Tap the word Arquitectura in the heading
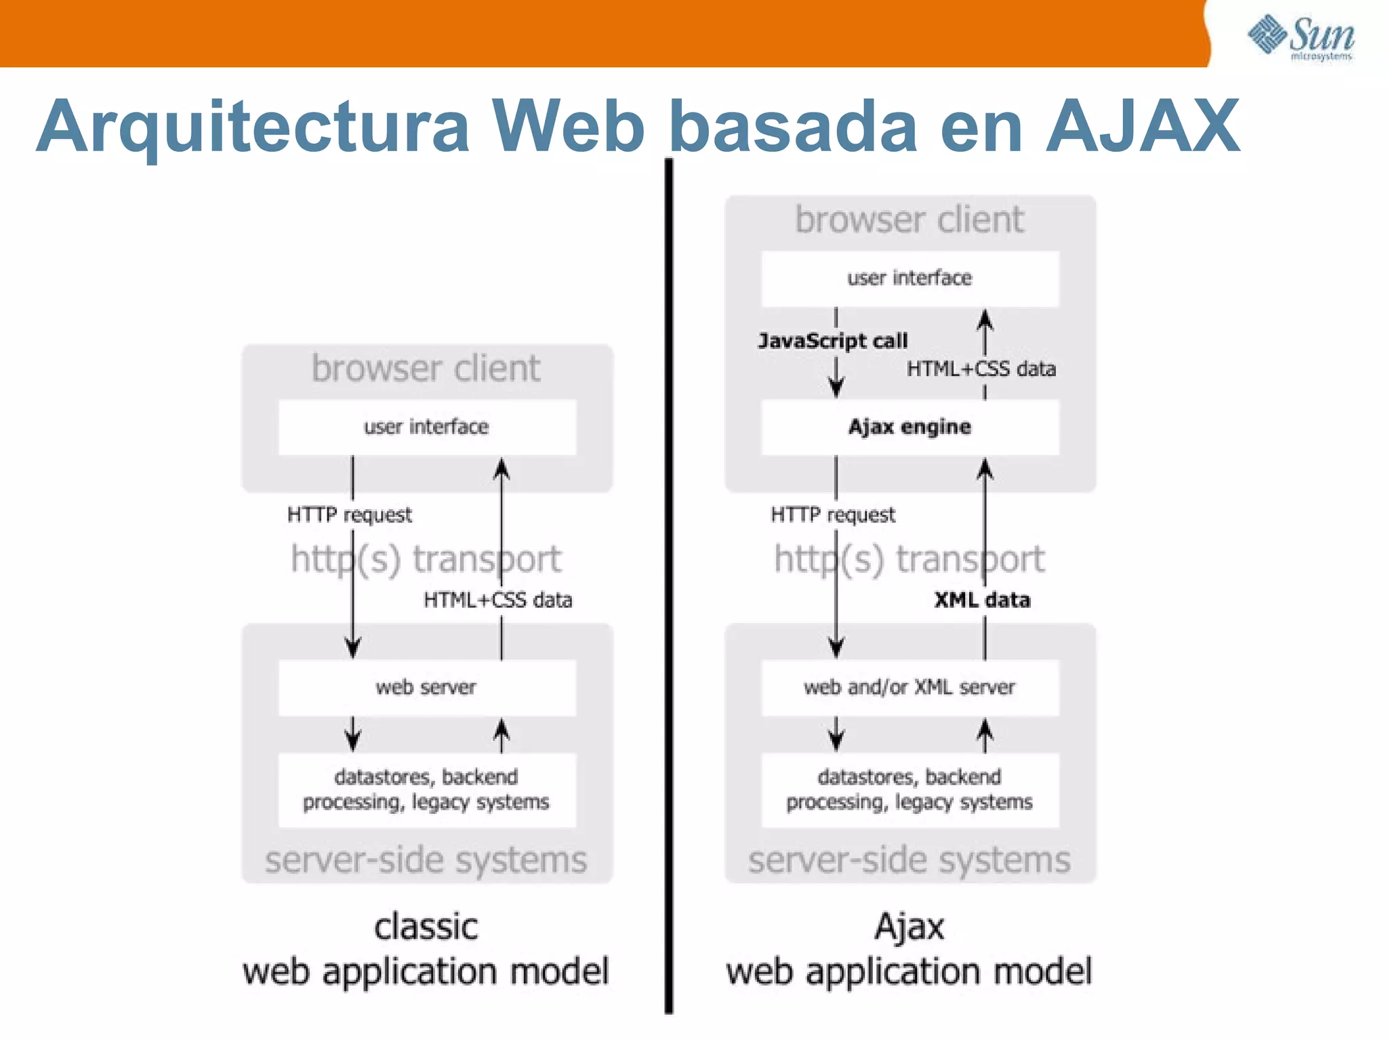(252, 127)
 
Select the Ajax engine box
(910, 427)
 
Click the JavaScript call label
(832, 340)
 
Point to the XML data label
(981, 600)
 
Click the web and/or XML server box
(910, 687)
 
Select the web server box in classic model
(426, 687)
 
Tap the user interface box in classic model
(426, 427)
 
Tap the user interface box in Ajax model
(910, 278)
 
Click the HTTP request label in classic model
(349, 515)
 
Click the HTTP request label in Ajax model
(832, 515)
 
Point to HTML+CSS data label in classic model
(497, 600)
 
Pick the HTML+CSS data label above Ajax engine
(981, 369)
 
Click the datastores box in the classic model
(426, 790)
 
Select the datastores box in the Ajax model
(910, 790)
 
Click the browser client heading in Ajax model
(910, 220)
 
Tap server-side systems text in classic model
(426, 861)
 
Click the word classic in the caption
(426, 927)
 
